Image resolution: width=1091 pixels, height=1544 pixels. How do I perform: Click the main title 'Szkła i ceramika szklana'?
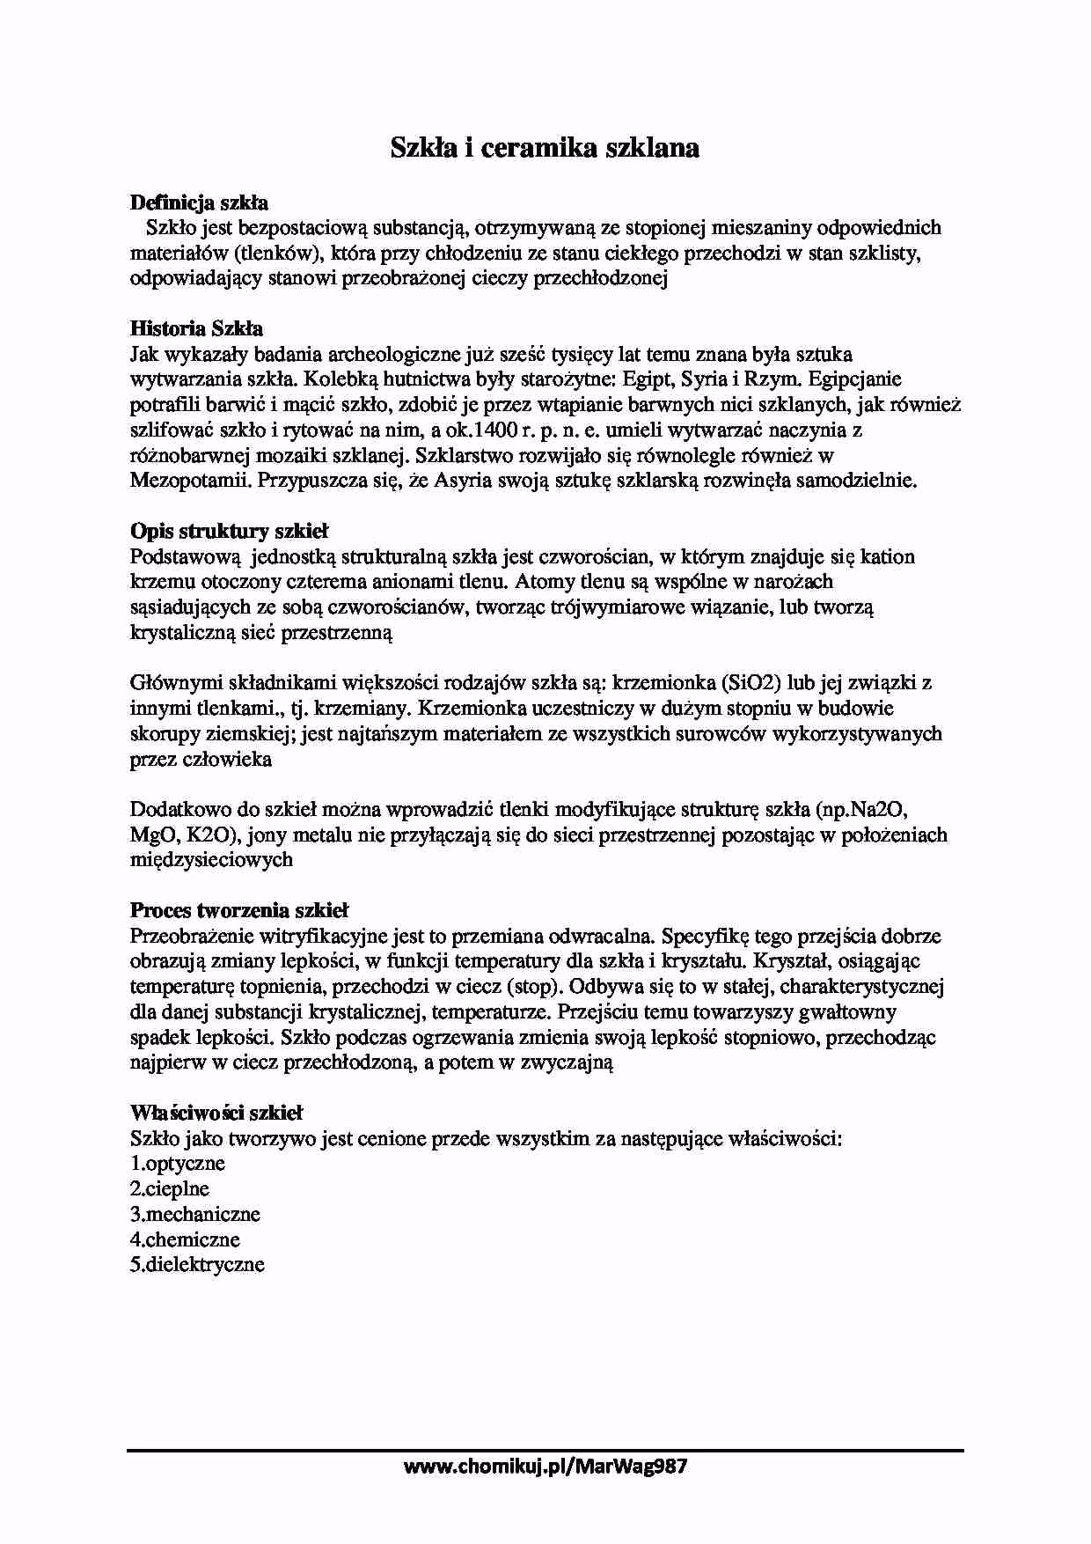[x=545, y=148]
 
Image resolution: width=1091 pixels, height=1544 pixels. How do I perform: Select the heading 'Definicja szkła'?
[x=199, y=202]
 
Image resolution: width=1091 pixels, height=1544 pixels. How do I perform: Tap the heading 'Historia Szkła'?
[x=196, y=328]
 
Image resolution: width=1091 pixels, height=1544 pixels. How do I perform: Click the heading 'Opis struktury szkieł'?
[x=229, y=531]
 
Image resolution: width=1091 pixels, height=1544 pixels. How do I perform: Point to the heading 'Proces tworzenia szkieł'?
[x=239, y=910]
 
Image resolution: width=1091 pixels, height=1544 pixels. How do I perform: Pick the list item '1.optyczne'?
[x=178, y=1164]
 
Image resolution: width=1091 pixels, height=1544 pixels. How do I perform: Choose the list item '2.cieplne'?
[x=170, y=1188]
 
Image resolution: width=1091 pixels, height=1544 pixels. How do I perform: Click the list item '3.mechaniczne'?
[x=195, y=1214]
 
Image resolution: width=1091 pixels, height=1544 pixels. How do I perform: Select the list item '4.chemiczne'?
[x=185, y=1239]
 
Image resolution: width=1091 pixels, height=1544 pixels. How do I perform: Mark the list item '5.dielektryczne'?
[x=197, y=1265]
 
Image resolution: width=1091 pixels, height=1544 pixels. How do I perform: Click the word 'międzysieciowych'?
[x=211, y=860]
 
